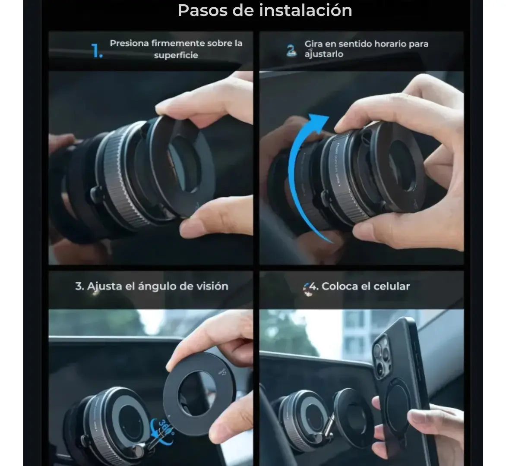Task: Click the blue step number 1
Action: [x=96, y=51]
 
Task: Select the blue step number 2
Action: [x=291, y=50]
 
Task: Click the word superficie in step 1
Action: [x=176, y=55]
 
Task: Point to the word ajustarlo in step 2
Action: [x=324, y=54]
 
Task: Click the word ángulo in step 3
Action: [x=157, y=287]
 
